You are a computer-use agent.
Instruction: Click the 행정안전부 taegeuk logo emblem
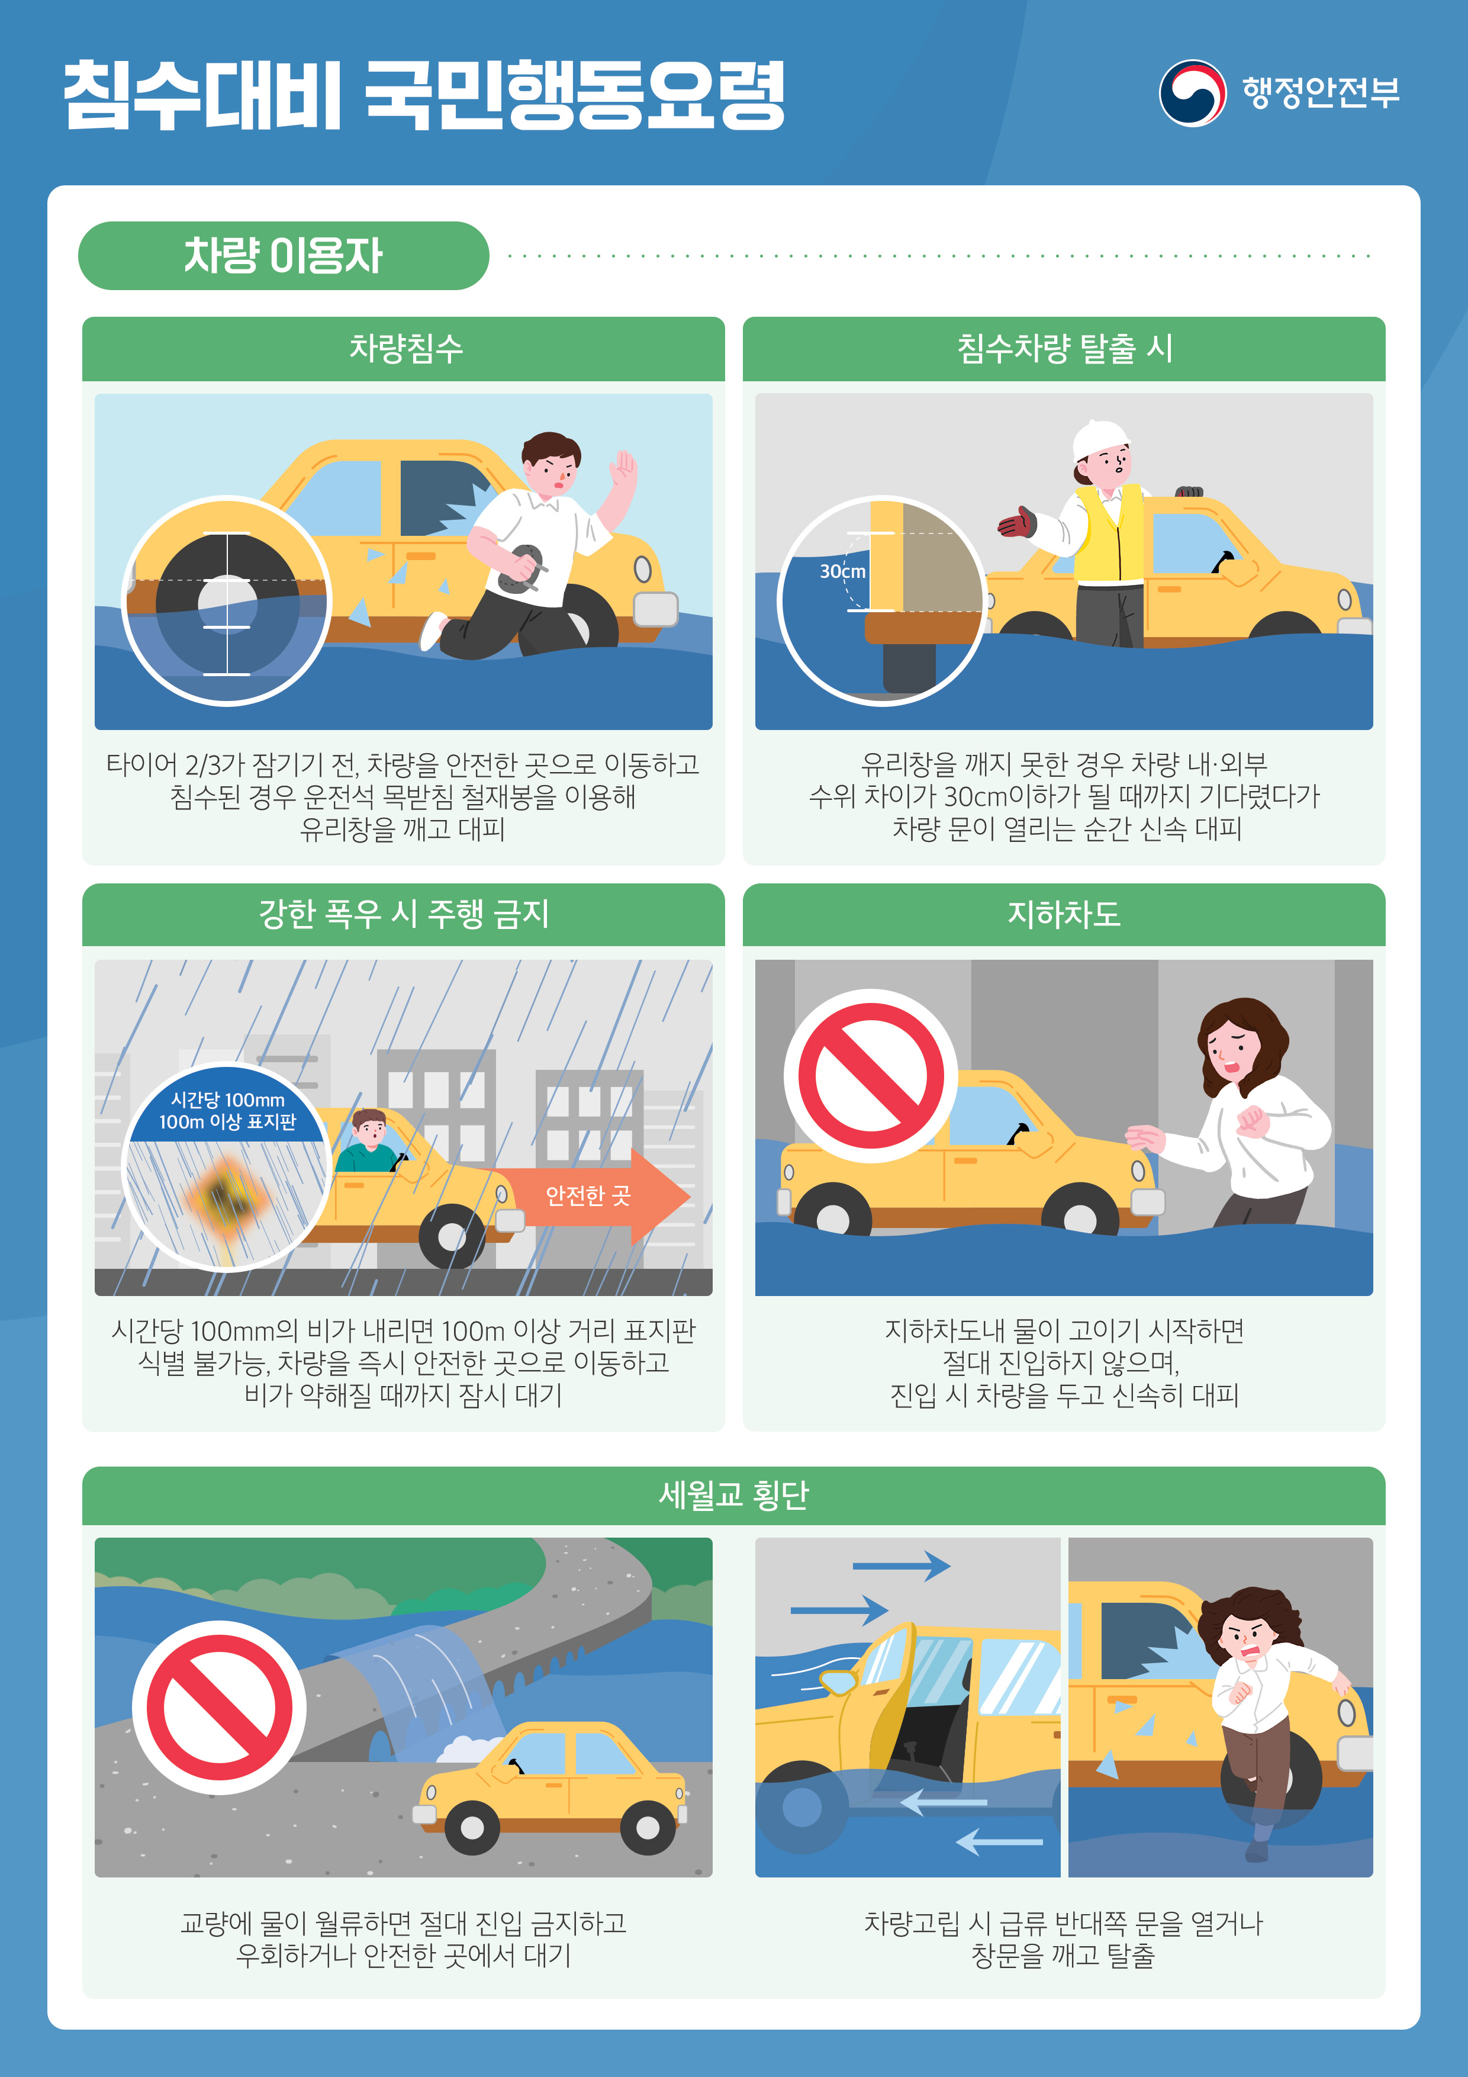coord(1193,92)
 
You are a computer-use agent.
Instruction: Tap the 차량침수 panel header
coord(404,348)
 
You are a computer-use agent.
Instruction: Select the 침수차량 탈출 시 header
coord(1064,348)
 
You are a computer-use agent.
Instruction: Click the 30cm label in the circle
coord(842,571)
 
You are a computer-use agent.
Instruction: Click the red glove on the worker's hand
coord(1018,522)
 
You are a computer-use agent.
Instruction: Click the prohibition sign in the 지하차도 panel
coord(871,1076)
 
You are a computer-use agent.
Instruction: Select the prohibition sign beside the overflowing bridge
coord(220,1707)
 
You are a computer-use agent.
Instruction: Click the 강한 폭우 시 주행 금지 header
coord(404,914)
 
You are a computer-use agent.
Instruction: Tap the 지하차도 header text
coord(1064,914)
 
